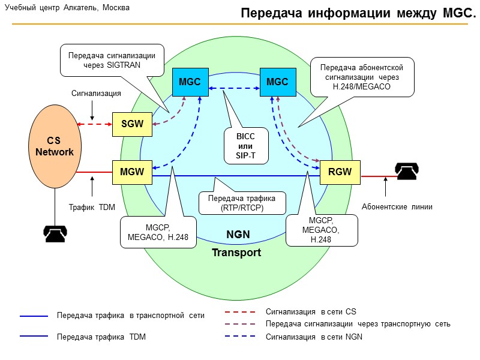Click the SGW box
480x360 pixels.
tap(132, 124)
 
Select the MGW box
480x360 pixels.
tap(132, 172)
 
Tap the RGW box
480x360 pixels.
tap(340, 172)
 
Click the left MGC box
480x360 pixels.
tap(190, 82)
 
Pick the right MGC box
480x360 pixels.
tap(277, 82)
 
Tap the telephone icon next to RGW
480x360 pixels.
tap(406, 172)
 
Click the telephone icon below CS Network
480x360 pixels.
tap(55, 233)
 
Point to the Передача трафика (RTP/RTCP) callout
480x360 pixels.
tap(241, 203)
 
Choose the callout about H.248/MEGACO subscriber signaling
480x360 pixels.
tap(362, 77)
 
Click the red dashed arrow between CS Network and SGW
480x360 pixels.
tap(95, 124)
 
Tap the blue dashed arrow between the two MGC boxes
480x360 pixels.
tap(233, 88)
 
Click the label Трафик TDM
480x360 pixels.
tap(92, 207)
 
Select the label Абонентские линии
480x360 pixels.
tap(397, 207)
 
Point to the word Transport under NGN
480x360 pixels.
tap(236, 253)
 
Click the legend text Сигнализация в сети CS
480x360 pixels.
tap(311, 311)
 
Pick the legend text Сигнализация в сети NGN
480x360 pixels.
tap(314, 337)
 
